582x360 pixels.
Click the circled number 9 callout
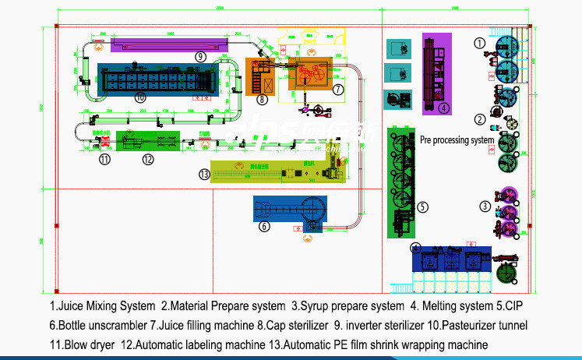(200, 56)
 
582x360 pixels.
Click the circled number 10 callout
(140, 97)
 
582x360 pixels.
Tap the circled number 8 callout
(263, 99)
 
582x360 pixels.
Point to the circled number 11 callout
(104, 160)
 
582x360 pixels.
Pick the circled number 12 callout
(148, 160)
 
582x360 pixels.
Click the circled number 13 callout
(204, 175)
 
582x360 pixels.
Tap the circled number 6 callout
(264, 227)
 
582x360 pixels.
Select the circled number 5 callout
(422, 207)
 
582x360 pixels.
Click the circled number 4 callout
(443, 108)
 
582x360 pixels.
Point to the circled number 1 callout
(480, 43)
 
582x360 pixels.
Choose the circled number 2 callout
(480, 119)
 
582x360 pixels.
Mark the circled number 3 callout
(484, 206)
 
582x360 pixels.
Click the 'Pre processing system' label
(457, 141)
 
